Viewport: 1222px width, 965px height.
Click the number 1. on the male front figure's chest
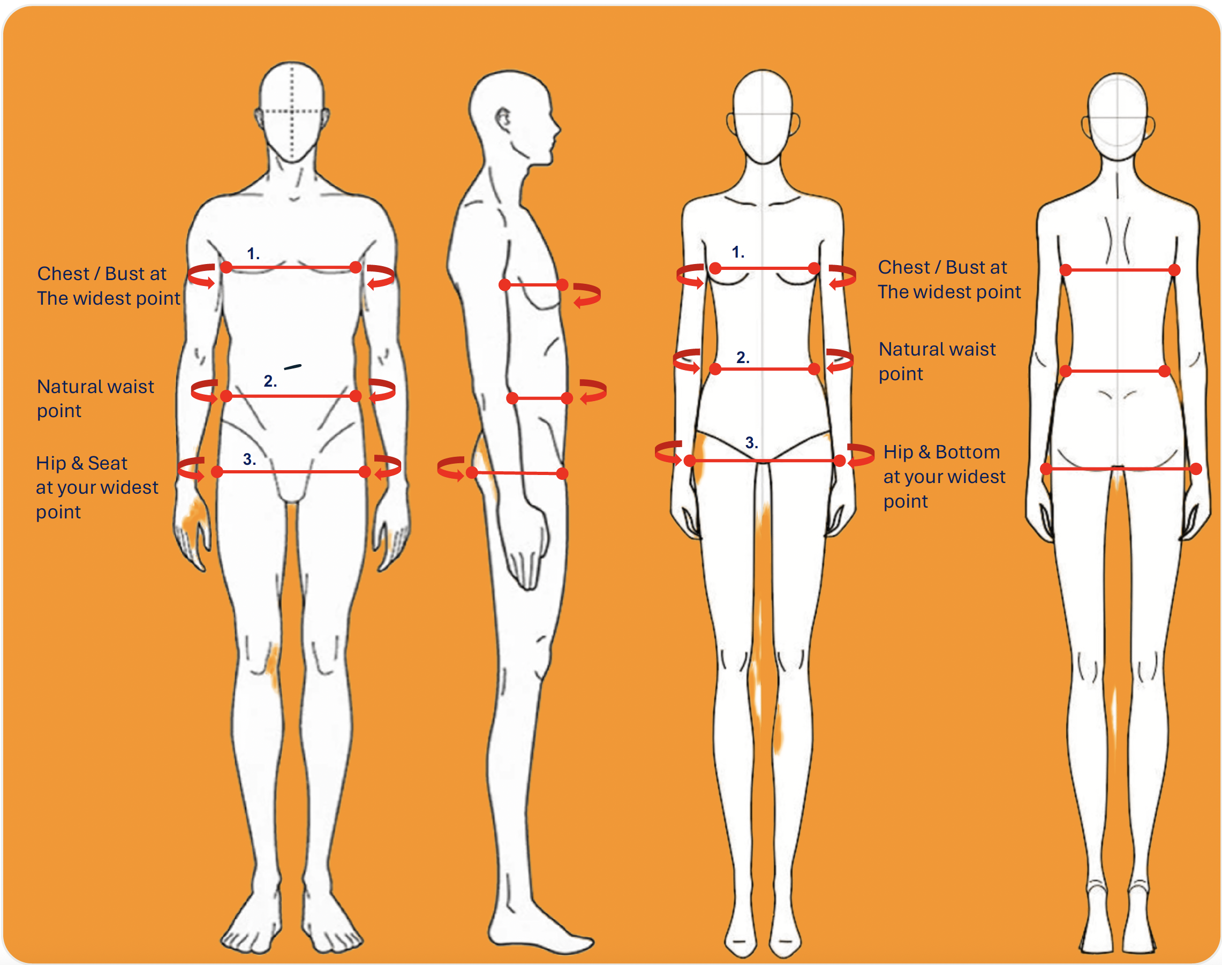tap(253, 254)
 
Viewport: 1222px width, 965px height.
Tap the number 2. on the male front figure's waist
tap(270, 381)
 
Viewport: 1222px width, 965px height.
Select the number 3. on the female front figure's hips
tap(751, 442)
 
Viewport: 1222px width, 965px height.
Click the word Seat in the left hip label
tap(107, 463)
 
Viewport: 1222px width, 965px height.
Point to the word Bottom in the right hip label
tap(967, 452)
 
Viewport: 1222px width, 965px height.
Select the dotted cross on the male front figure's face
tap(292, 111)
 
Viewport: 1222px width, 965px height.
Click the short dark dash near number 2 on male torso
tap(292, 367)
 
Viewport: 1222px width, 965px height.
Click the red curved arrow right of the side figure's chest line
tap(586, 295)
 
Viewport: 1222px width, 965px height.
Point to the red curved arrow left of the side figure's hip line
tap(451, 469)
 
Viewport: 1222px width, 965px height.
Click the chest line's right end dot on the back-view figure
tap(1174, 270)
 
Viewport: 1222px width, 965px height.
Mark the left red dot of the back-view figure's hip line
tap(1046, 469)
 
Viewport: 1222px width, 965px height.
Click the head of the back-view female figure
tap(1118, 116)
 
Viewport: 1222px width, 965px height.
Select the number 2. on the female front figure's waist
tap(743, 357)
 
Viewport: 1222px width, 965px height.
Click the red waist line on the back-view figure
tap(1115, 371)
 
